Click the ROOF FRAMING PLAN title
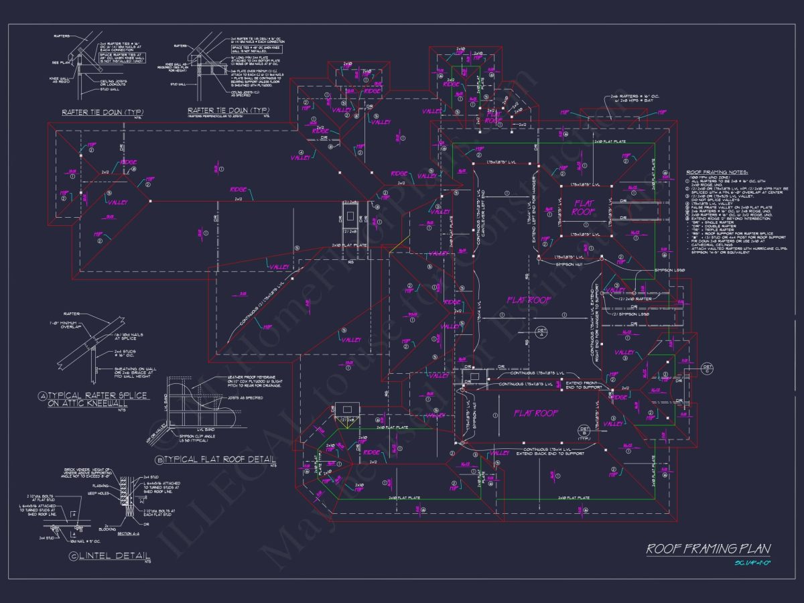pyautogui.click(x=708, y=549)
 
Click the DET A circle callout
pyautogui.click(x=542, y=332)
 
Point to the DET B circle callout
pyautogui.click(x=583, y=430)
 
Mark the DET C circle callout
pyautogui.click(x=708, y=367)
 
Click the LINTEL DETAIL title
pyautogui.click(x=114, y=556)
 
